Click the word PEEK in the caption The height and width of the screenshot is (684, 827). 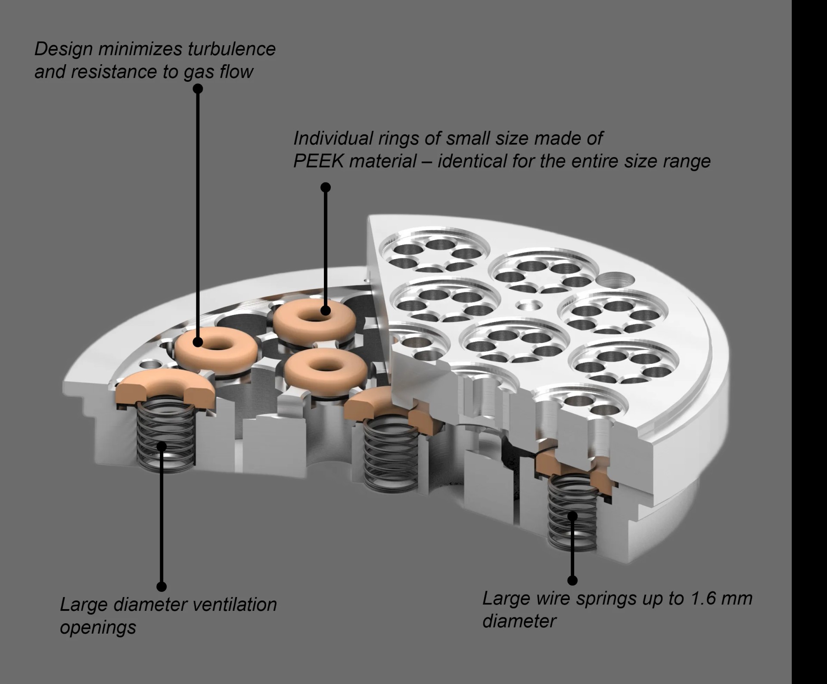[x=318, y=161]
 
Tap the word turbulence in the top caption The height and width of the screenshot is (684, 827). [x=231, y=49]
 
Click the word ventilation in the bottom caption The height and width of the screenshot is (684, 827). [x=234, y=605]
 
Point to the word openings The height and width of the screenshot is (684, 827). [x=98, y=627]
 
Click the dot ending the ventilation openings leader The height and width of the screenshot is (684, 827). [x=162, y=586]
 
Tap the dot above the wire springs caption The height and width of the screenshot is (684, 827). [x=572, y=580]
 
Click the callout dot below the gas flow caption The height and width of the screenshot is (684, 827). [x=198, y=89]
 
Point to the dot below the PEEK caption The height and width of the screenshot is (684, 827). [x=326, y=187]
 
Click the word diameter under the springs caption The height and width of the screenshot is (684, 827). [x=519, y=621]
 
